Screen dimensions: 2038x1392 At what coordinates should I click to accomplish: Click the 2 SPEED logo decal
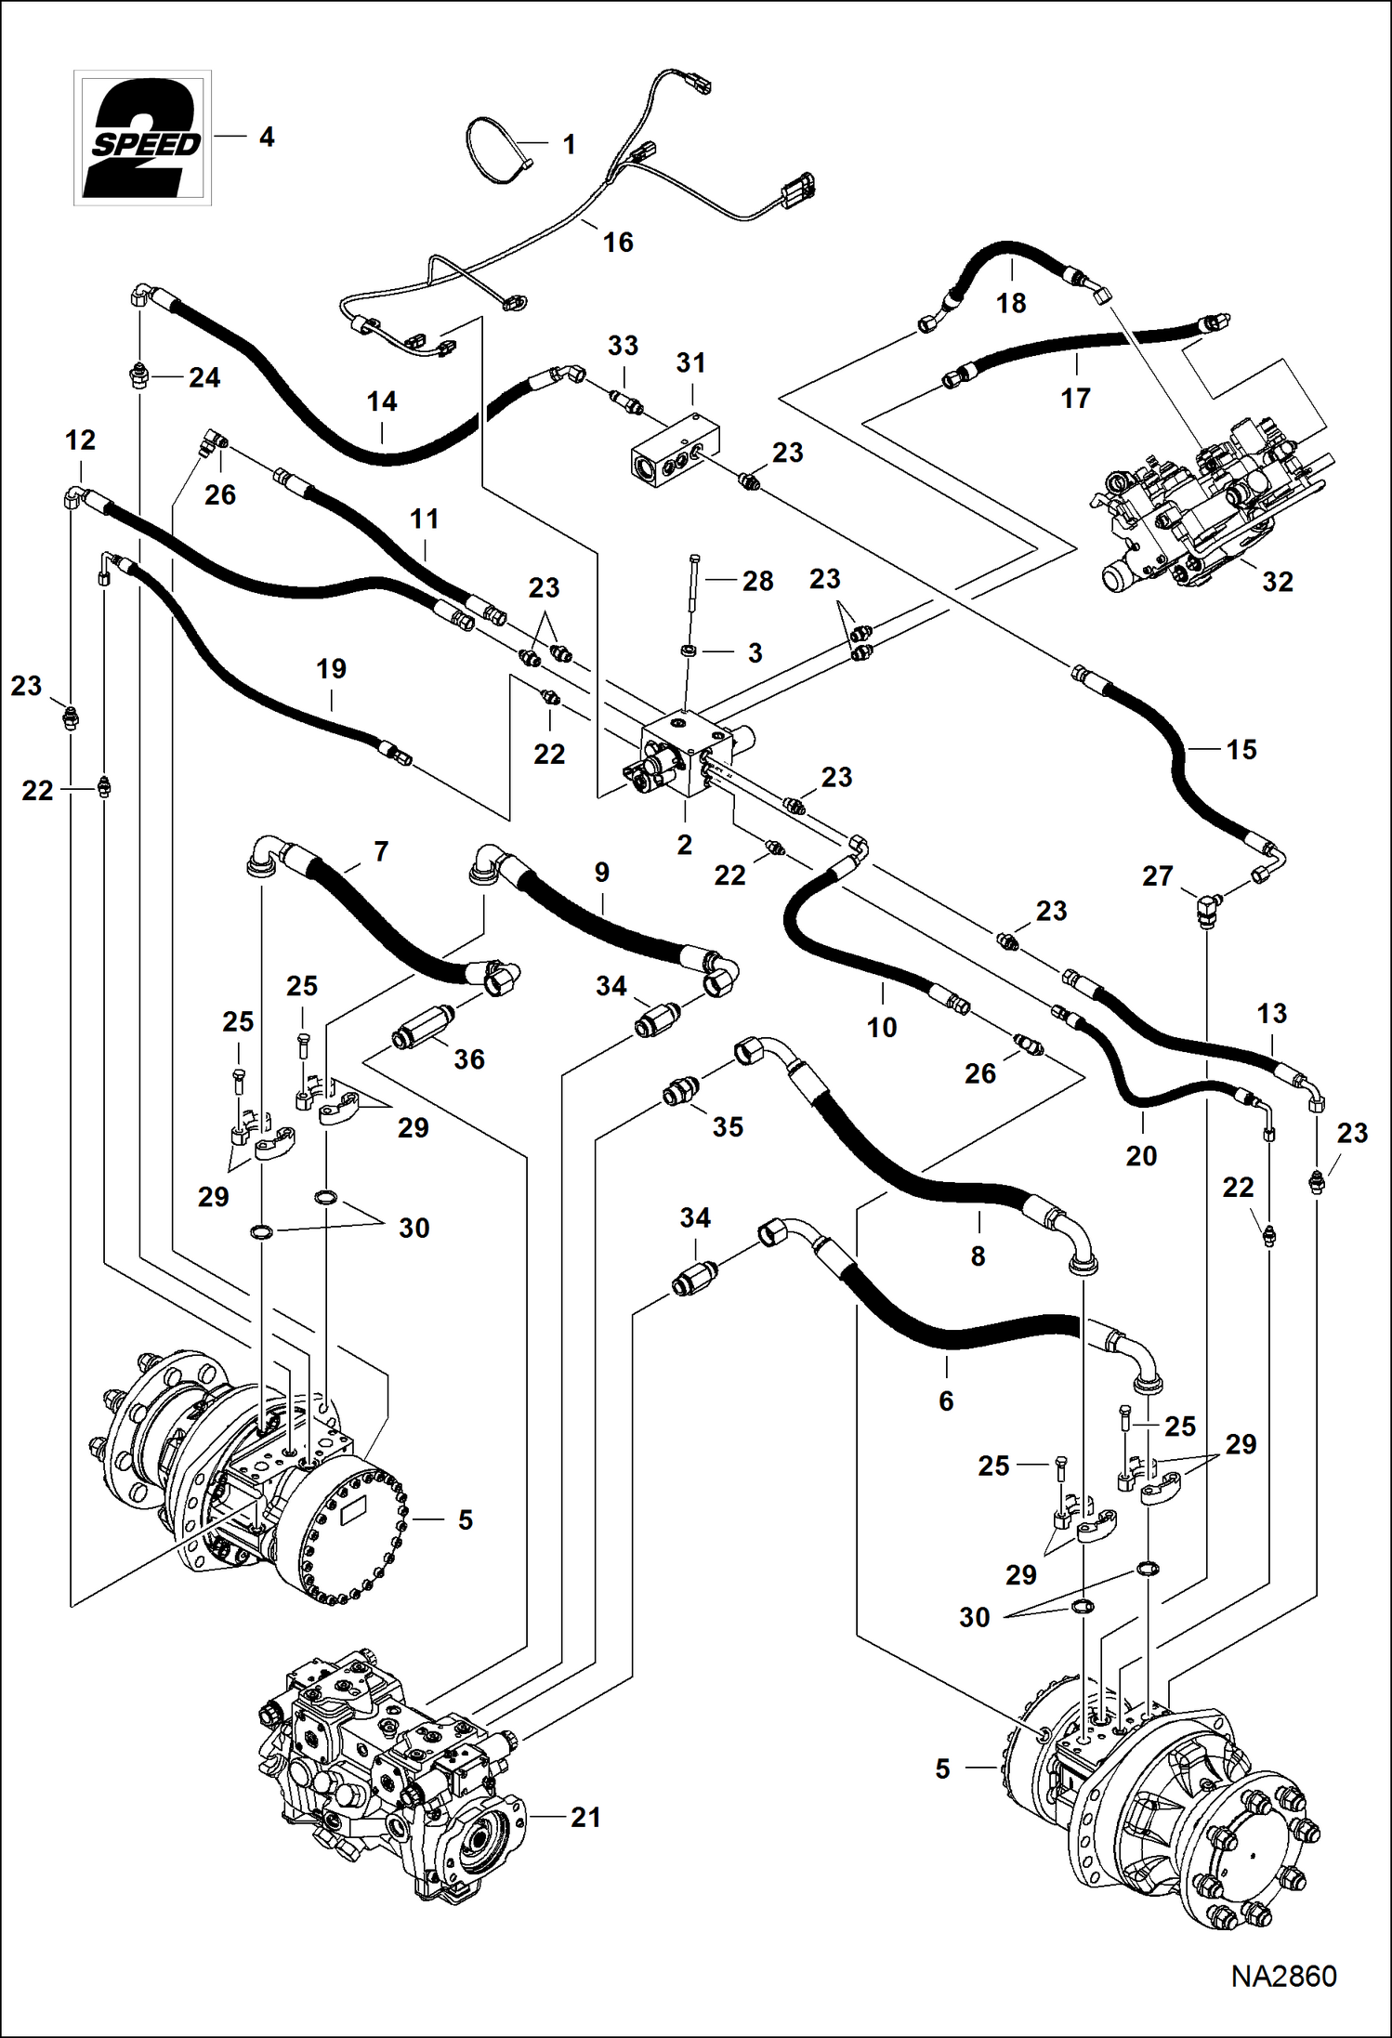pos(142,138)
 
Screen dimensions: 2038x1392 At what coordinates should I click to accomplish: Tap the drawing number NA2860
pos(1283,1976)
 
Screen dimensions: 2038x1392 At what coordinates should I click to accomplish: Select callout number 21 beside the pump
pos(585,1817)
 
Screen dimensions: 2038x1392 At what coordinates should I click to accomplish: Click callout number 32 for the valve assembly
pos(1278,582)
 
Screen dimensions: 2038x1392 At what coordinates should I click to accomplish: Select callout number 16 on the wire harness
pos(618,243)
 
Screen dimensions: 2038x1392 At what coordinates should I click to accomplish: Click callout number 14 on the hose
pos(382,401)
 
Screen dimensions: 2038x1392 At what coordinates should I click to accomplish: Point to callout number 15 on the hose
pos(1241,749)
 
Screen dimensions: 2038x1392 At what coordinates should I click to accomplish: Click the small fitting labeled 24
pos(138,375)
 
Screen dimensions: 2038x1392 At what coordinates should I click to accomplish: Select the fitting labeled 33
pos(624,401)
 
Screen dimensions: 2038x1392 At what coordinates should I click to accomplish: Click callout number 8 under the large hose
pos(978,1256)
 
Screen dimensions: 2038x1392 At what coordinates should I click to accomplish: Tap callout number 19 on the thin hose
pos(331,669)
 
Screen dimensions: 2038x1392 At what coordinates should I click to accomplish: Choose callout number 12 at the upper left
pos(81,440)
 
